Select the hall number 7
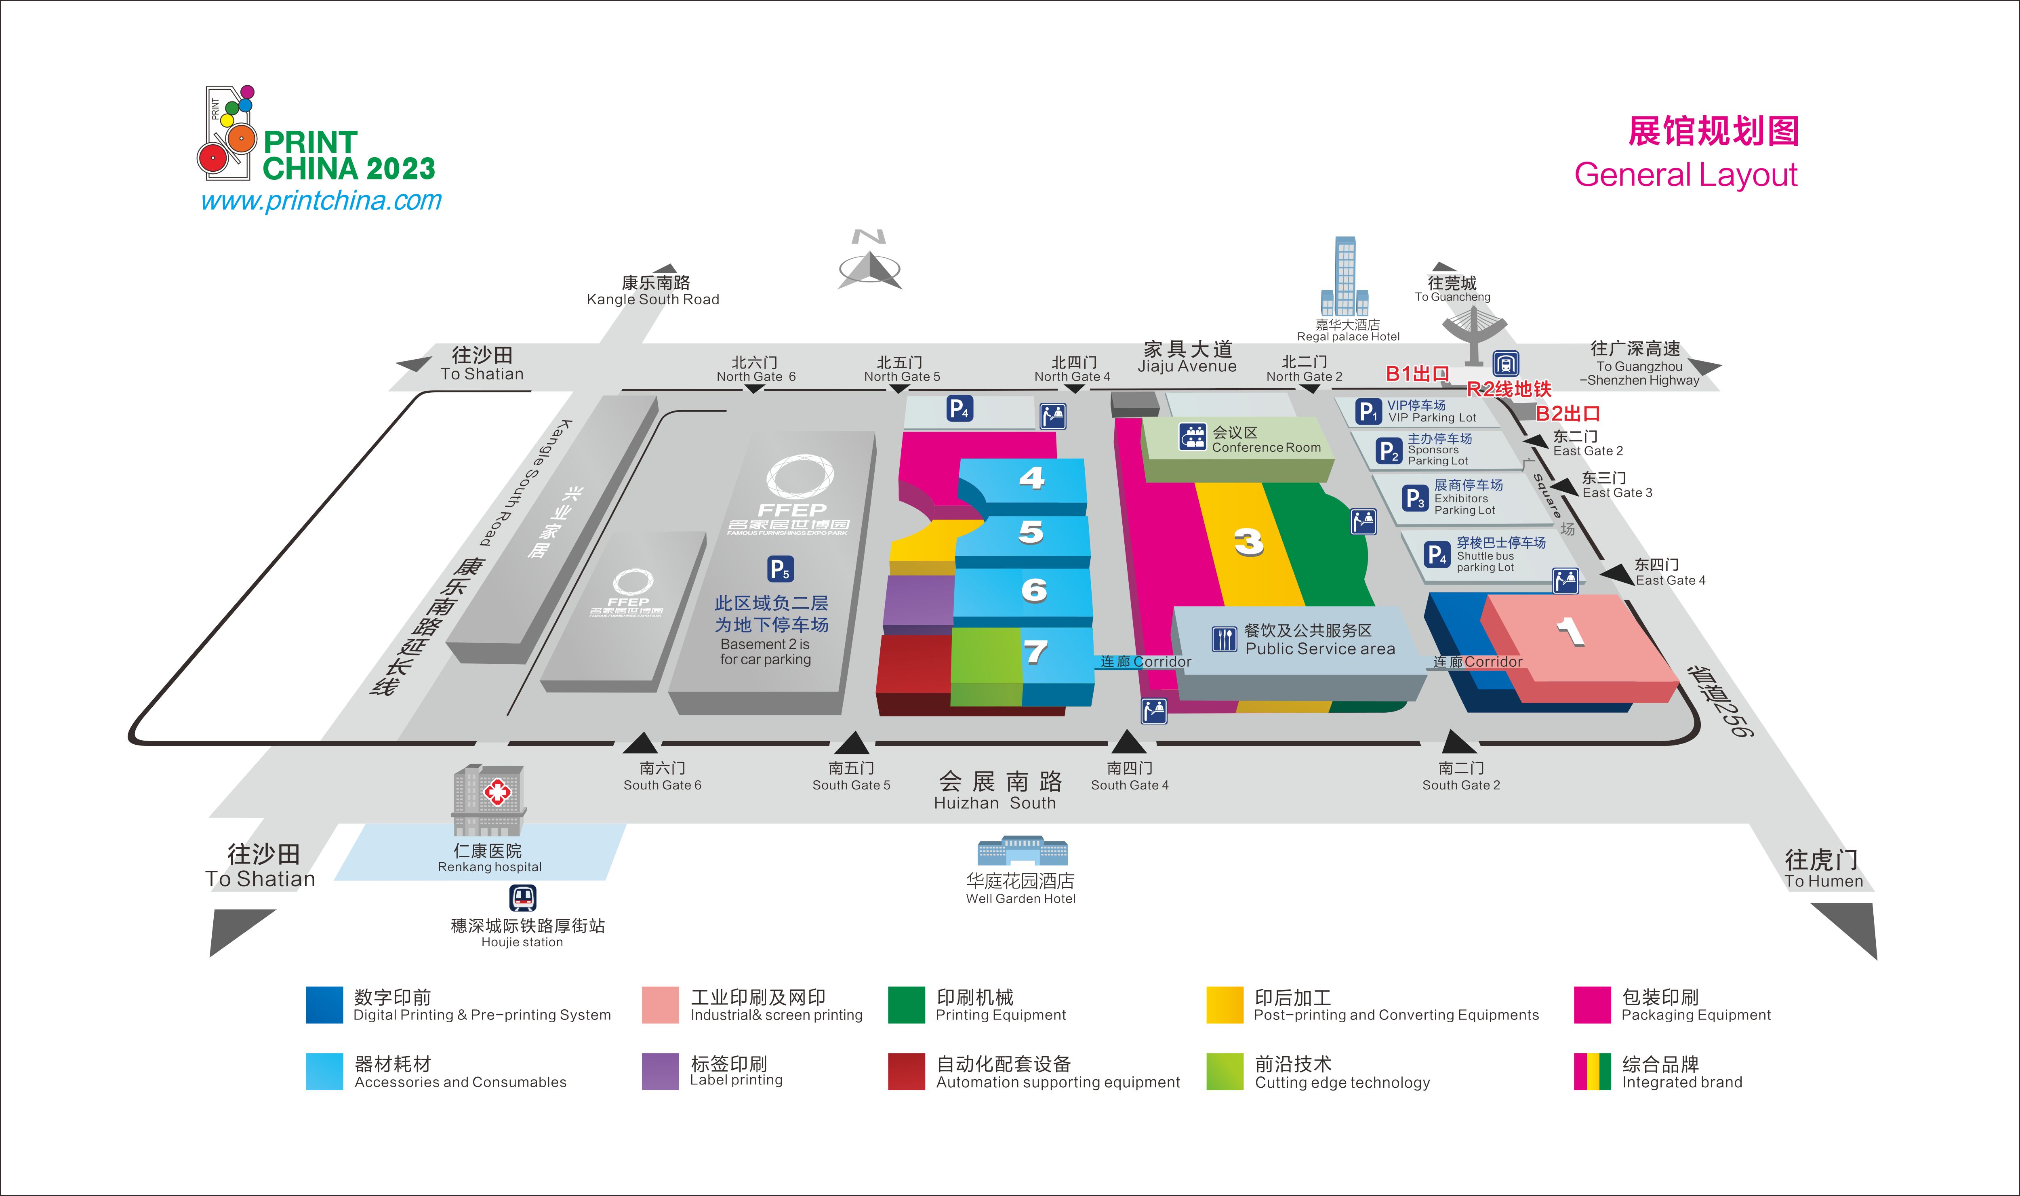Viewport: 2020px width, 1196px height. pyautogui.click(x=1035, y=651)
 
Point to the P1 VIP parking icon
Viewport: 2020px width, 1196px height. pyautogui.click(x=1368, y=411)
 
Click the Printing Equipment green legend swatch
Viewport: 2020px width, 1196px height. pyautogui.click(x=906, y=1004)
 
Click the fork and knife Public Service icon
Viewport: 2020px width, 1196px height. pyautogui.click(x=1223, y=639)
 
